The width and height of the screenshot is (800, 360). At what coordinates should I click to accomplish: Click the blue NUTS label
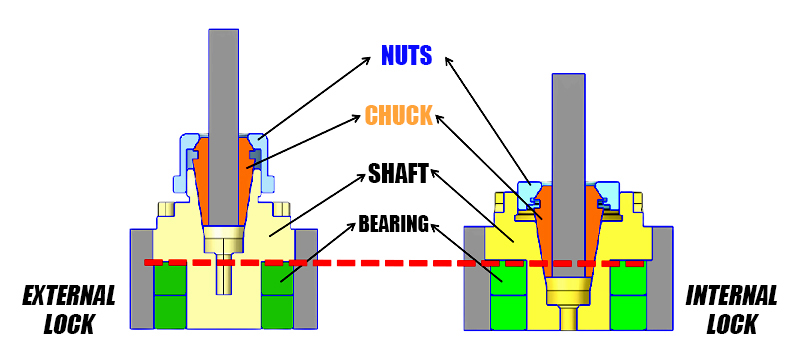[x=406, y=55]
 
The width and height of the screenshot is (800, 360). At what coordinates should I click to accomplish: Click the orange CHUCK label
[x=398, y=115]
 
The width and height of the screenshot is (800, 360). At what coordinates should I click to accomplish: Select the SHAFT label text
[x=397, y=174]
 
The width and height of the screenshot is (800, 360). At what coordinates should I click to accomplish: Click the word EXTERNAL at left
[x=69, y=296]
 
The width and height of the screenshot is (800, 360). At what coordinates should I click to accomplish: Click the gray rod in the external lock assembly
[x=223, y=80]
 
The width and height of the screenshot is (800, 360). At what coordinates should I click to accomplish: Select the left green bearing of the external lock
[x=171, y=296]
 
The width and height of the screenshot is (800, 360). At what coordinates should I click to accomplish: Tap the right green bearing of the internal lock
[x=627, y=296]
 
